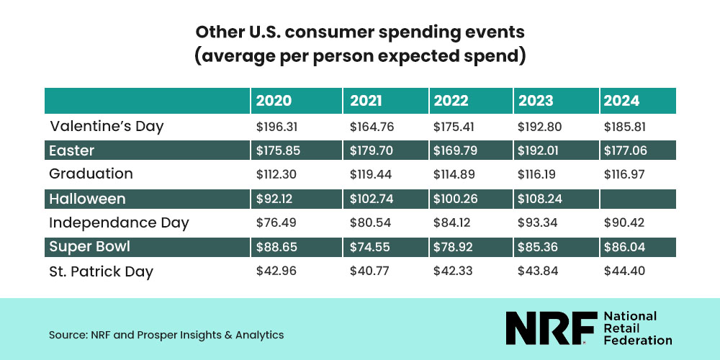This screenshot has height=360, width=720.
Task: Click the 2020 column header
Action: pos(274,101)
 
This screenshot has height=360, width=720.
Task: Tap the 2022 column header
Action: pos(451,101)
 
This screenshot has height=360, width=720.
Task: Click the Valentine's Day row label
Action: pos(107,127)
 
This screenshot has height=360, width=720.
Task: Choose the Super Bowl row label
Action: pos(90,247)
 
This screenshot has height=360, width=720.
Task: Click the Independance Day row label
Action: pos(119,223)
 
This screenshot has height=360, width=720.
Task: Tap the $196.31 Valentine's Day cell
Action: pos(277,127)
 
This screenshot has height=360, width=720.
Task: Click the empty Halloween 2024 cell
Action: pos(637,199)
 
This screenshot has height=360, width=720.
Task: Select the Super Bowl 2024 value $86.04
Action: pos(623,247)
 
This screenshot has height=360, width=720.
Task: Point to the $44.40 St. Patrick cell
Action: pos(623,271)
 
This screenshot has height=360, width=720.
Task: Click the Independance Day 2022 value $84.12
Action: pos(452,223)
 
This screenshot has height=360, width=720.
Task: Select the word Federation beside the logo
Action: pos(637,340)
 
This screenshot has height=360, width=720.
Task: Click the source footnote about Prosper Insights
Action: pos(166,335)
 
